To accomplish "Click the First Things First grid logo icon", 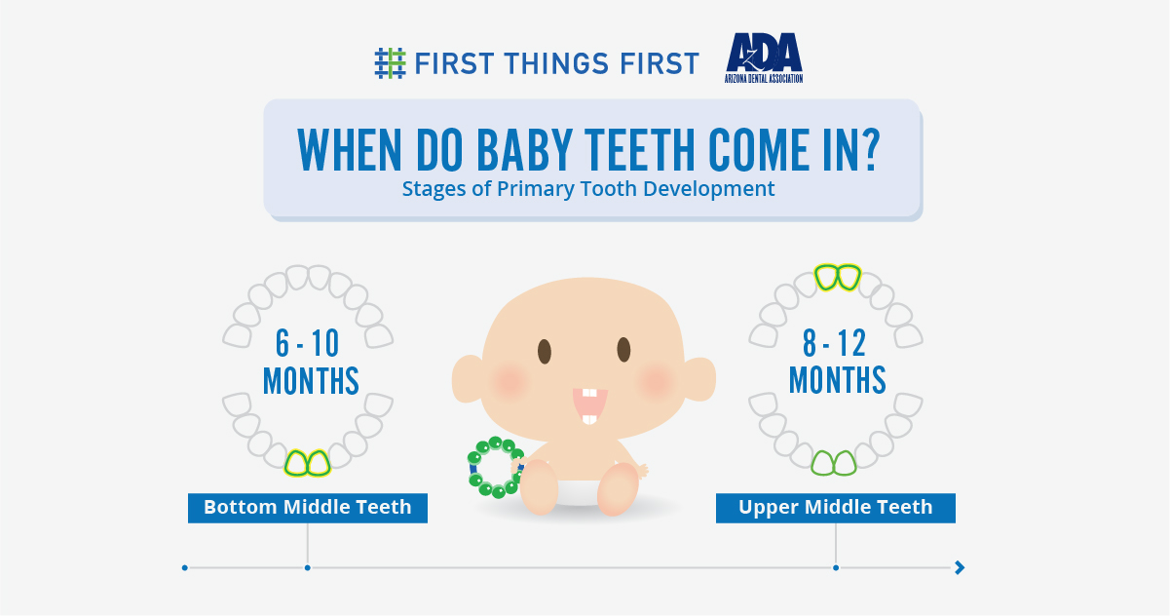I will click(x=390, y=62).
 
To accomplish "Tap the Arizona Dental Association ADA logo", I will click(x=764, y=58).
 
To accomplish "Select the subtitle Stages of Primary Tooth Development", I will click(x=588, y=189).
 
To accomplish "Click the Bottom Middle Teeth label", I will click(x=307, y=507).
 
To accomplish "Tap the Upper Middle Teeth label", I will click(x=835, y=507).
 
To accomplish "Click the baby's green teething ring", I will click(x=496, y=468).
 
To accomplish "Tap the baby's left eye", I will click(x=545, y=349).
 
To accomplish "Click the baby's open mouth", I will click(x=587, y=404).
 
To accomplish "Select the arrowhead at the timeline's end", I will click(x=960, y=567).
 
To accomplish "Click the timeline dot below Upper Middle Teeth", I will click(x=836, y=567).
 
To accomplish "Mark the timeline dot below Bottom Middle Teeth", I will click(x=307, y=567).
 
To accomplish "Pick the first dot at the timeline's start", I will click(x=184, y=567).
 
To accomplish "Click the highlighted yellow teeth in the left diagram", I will click(x=308, y=462).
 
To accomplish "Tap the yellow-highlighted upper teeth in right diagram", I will click(x=837, y=278).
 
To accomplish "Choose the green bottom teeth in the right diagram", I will click(x=834, y=462).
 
